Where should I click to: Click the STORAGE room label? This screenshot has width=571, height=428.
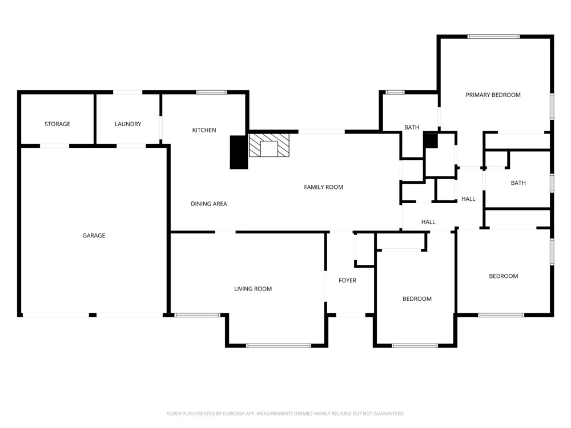click(57, 124)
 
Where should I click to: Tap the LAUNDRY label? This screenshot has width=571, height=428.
click(128, 124)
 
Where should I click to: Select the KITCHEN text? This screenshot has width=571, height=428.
click(204, 130)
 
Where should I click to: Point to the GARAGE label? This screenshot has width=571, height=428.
click(94, 236)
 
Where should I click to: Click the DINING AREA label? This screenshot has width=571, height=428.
click(208, 204)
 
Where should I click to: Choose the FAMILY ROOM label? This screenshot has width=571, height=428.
click(323, 187)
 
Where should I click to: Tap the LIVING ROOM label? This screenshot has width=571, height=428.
click(253, 289)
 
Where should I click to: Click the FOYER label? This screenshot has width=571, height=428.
click(347, 281)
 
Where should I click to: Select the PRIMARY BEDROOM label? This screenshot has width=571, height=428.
click(493, 95)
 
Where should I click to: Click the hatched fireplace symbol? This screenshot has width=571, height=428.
click(269, 145)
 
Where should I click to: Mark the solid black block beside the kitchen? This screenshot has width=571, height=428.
click(239, 152)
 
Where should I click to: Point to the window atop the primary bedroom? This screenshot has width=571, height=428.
click(493, 37)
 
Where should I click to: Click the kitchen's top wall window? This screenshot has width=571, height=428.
click(212, 92)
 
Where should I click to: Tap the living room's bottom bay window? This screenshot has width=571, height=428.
click(279, 346)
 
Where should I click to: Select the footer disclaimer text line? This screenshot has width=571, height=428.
click(285, 413)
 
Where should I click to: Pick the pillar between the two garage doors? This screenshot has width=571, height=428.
click(93, 315)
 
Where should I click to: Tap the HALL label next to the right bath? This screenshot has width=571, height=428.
click(468, 199)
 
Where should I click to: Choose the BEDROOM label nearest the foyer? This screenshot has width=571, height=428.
click(417, 299)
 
